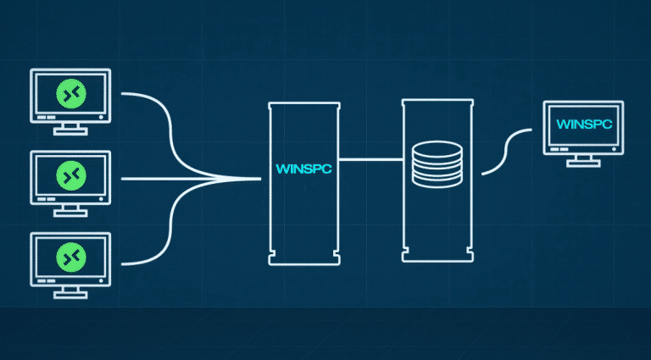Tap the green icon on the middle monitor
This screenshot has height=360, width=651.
[69, 174]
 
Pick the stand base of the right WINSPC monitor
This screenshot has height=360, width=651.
[585, 163]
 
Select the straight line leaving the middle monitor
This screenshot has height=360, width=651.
[170, 179]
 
